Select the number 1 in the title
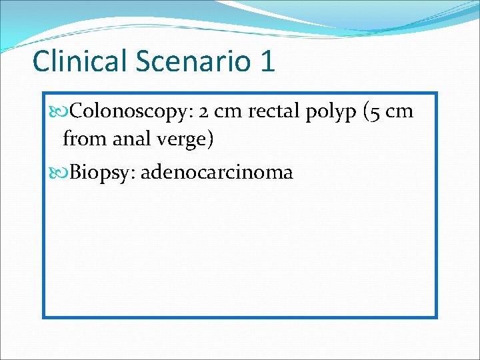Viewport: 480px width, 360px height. [x=267, y=61]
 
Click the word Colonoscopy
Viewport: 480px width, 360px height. [x=131, y=111]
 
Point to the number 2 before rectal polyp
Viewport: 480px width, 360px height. [x=203, y=111]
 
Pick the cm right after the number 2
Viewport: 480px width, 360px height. [x=227, y=111]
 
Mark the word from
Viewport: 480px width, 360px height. [x=80, y=139]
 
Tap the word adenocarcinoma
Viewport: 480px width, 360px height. [x=217, y=172]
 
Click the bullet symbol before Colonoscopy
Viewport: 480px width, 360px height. [x=59, y=111]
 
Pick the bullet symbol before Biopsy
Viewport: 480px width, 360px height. [x=59, y=172]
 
